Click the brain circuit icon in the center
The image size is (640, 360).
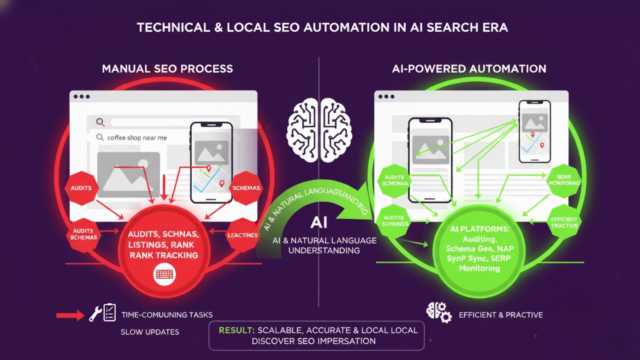[x=319, y=130]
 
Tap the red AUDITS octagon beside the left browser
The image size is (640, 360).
[x=81, y=188]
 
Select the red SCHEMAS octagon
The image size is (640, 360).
[x=246, y=188]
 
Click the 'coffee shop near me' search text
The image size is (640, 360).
[x=137, y=138]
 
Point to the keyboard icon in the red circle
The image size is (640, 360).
[x=164, y=274]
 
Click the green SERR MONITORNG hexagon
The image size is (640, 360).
[x=564, y=180]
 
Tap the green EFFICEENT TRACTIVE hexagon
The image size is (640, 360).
[x=564, y=223]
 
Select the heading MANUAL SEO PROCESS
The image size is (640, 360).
[x=167, y=69]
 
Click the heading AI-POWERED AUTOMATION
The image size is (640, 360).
[x=469, y=69]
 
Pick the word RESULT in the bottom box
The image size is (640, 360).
[x=236, y=330]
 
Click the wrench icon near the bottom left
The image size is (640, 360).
[x=95, y=314]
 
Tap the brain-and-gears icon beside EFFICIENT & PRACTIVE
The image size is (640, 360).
[x=439, y=313]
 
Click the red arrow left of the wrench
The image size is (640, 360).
[x=70, y=316]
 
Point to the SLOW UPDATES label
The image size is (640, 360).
[x=150, y=332]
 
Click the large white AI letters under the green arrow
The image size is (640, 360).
[x=319, y=222]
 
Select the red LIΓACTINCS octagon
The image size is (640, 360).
[x=242, y=235]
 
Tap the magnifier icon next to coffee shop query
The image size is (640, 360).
[x=100, y=138]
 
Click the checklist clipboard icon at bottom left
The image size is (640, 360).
[x=110, y=312]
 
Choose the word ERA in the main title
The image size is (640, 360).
[x=495, y=28]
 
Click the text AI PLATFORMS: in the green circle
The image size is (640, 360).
[x=480, y=229]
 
